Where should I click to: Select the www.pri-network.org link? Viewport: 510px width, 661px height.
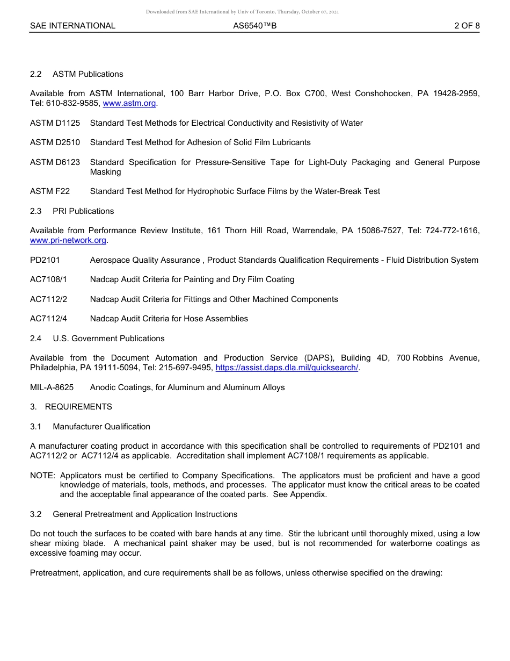coord(68,240)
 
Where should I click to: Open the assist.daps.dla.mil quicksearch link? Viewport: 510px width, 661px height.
coord(287,368)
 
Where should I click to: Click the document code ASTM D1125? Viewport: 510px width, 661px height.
coord(55,123)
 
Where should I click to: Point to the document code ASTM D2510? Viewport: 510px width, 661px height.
coord(55,142)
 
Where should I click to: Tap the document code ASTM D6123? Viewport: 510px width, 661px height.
coord(55,162)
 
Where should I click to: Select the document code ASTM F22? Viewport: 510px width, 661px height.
coord(50,191)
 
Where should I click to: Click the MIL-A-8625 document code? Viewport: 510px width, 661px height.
coord(52,387)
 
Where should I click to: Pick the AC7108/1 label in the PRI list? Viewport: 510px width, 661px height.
coord(48,279)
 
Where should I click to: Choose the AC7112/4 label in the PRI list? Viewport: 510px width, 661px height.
coord(48,319)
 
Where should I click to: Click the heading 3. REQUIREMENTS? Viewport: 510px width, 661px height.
coord(71,407)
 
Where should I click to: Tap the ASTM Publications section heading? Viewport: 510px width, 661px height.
coord(88,74)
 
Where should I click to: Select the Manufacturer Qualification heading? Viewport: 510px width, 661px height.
coord(101,427)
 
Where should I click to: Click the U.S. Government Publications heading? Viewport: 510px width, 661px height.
coord(108,339)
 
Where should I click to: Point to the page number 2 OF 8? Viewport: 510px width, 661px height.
coord(467,26)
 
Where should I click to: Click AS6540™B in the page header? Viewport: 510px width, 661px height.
coord(254,26)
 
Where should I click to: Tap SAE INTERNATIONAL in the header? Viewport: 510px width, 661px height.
coord(72,26)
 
